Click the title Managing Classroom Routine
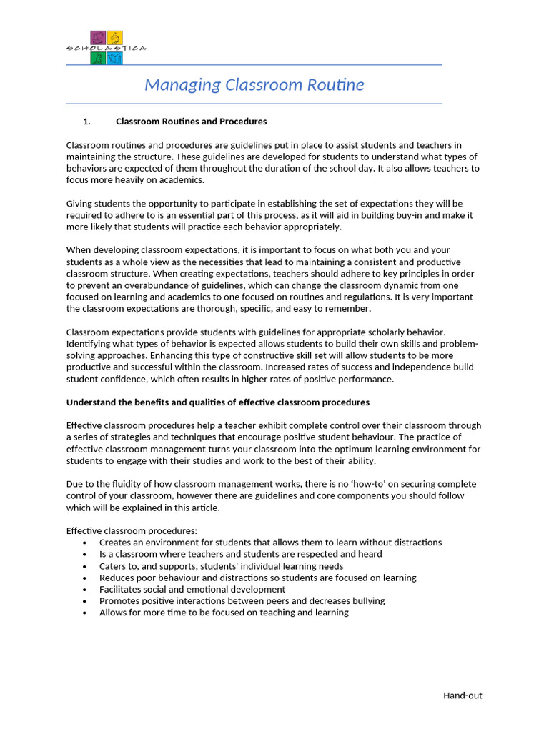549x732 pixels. pos(254,85)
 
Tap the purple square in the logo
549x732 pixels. pos(98,37)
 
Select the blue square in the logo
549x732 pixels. pos(115,58)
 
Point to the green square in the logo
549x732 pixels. pos(98,58)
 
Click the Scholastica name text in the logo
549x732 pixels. pos(106,48)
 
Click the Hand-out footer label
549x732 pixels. pos(462,696)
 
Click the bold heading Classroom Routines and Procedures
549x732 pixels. pos(191,122)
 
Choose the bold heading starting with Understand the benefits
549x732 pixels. pos(217,402)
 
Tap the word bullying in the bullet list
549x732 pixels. pos(367,601)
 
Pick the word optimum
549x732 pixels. pos(312,449)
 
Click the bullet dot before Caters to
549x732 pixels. pos(84,566)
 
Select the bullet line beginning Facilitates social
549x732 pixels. pos(192,590)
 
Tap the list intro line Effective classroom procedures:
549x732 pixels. pos(131,531)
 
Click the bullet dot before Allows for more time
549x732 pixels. pos(84,613)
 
